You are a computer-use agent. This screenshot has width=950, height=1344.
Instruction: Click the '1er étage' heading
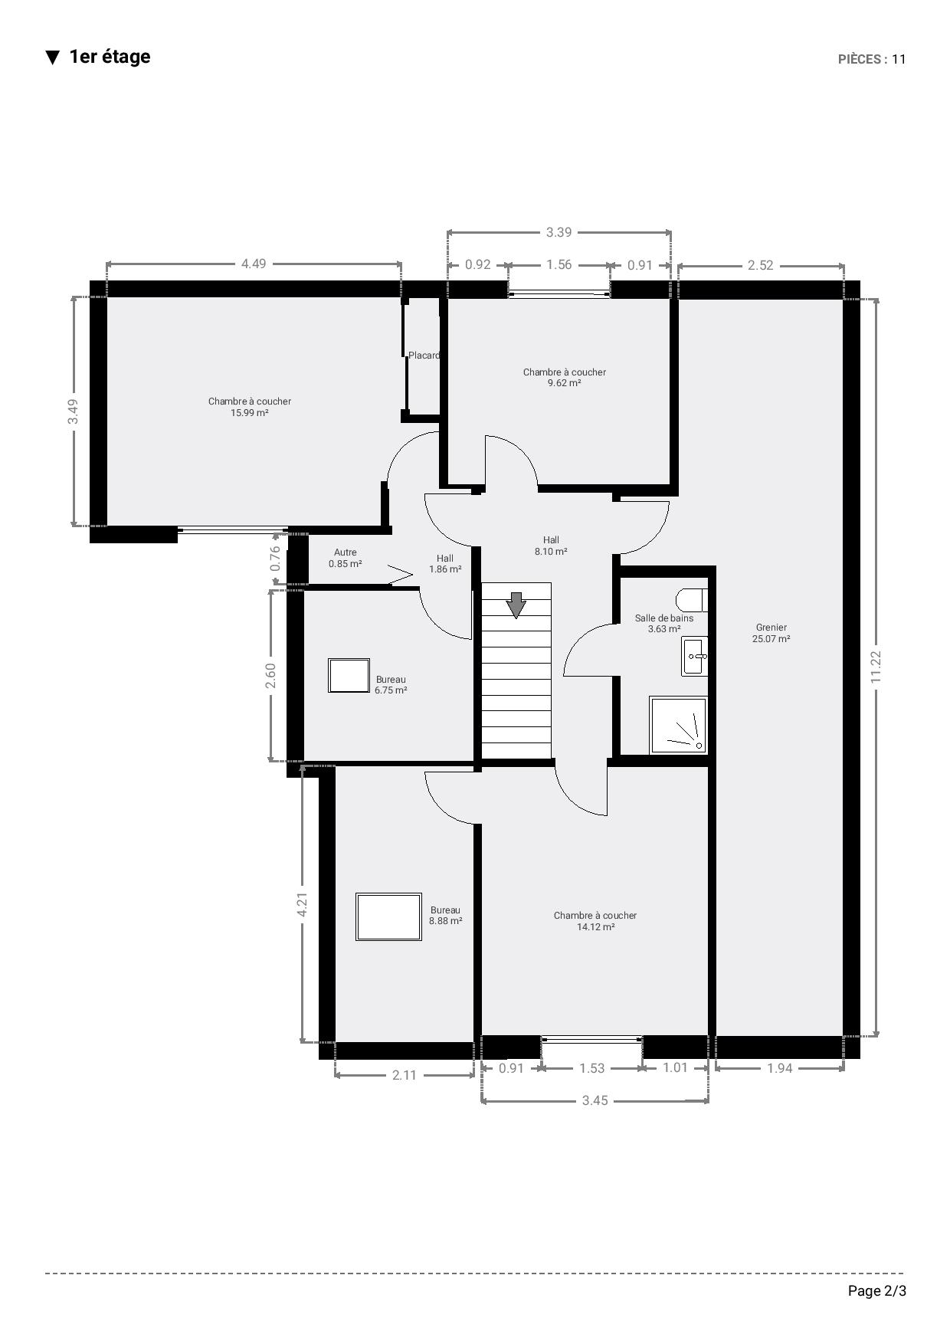pyautogui.click(x=110, y=57)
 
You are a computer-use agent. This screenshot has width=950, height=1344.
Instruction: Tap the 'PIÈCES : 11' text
pyautogui.click(x=872, y=60)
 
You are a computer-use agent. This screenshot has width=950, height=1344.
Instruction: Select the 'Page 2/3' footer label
pyautogui.click(x=877, y=1291)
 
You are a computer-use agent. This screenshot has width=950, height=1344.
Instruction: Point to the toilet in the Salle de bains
pyautogui.click(x=692, y=600)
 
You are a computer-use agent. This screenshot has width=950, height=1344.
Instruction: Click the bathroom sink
pyautogui.click(x=694, y=657)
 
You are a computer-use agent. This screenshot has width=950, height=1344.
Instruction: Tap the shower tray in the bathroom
pyautogui.click(x=678, y=725)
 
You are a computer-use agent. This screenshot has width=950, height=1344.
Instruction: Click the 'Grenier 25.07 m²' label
pyautogui.click(x=771, y=633)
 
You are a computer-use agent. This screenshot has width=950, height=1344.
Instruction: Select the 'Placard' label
pyautogui.click(x=424, y=356)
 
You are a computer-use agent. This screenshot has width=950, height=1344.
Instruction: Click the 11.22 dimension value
pyautogui.click(x=876, y=667)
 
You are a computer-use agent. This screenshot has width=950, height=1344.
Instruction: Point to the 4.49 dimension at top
pyautogui.click(x=254, y=264)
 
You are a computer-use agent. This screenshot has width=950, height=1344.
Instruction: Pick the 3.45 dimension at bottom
pyautogui.click(x=595, y=1100)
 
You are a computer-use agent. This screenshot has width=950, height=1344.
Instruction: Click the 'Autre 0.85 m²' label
pyautogui.click(x=345, y=558)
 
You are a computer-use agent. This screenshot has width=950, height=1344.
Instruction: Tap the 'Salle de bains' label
pyautogui.click(x=664, y=618)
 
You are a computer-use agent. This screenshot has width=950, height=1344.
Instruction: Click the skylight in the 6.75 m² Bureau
pyautogui.click(x=349, y=675)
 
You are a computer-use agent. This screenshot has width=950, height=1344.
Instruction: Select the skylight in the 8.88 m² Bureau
pyautogui.click(x=388, y=916)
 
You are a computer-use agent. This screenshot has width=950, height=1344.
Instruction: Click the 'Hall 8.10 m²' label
pyautogui.click(x=551, y=546)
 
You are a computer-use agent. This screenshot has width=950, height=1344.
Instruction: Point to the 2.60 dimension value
pyautogui.click(x=270, y=675)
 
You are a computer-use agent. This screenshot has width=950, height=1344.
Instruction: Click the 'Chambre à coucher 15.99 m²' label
pyautogui.click(x=250, y=407)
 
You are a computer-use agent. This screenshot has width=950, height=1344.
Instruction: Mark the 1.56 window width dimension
pyautogui.click(x=559, y=264)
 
